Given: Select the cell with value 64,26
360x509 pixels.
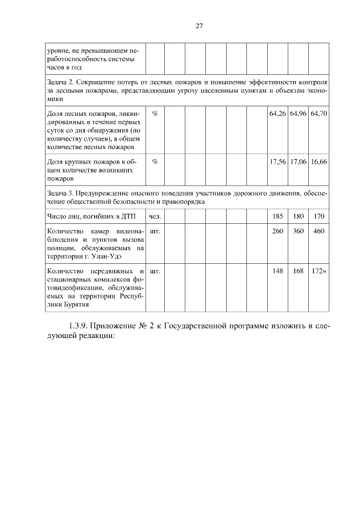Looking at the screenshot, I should [278, 114].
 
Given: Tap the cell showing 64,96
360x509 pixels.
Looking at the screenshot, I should [298, 114].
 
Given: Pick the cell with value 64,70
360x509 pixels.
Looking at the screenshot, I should [319, 114].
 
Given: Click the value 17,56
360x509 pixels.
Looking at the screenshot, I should [278, 161].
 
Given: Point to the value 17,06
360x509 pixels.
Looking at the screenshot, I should [298, 161].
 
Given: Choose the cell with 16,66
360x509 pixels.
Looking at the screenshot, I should [319, 161].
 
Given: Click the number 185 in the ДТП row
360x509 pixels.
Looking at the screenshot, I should [278, 216].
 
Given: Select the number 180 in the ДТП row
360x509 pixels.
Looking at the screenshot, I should [298, 216].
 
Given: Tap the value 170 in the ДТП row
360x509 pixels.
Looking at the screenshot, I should [319, 216].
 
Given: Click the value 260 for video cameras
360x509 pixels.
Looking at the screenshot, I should [278, 231].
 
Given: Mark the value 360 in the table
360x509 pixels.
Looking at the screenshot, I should [298, 231].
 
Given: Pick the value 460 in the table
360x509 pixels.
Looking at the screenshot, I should [319, 231].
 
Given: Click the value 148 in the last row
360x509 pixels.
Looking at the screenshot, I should [278, 271].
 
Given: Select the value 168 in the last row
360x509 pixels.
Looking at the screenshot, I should [298, 271].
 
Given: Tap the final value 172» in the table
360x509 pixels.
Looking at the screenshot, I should [319, 271].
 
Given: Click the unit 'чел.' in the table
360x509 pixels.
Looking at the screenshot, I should [155, 216].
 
